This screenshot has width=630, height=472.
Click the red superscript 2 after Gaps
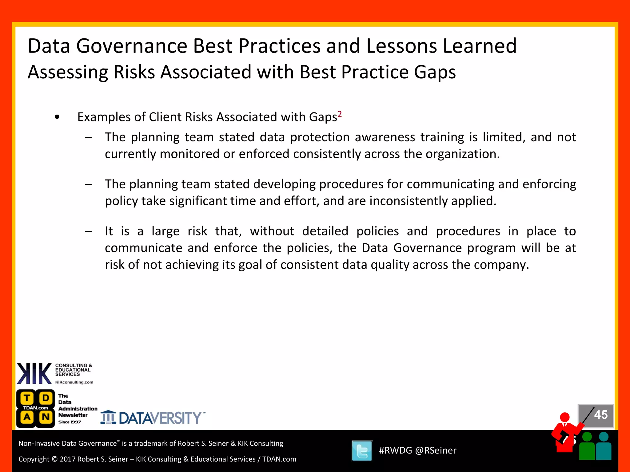340,114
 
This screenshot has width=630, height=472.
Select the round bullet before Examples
57,117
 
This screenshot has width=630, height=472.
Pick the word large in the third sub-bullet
165,231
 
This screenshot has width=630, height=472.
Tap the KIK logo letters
34,373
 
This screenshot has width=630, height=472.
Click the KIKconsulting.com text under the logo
74,382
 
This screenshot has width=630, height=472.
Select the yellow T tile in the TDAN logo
27,398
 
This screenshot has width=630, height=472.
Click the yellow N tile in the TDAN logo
46,417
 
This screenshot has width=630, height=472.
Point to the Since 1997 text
70,422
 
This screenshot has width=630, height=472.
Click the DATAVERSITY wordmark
160,418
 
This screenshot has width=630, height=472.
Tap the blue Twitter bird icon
362,451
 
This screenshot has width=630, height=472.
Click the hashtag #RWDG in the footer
395,450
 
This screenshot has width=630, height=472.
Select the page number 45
600,415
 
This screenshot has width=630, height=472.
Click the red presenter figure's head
565,417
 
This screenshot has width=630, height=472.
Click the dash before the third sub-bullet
89,231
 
